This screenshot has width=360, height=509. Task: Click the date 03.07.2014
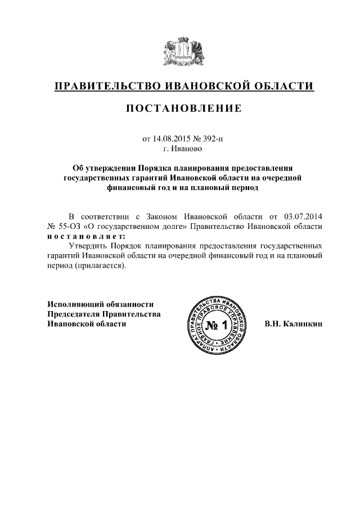(x=303, y=216)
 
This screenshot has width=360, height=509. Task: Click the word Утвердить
(x=86, y=246)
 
